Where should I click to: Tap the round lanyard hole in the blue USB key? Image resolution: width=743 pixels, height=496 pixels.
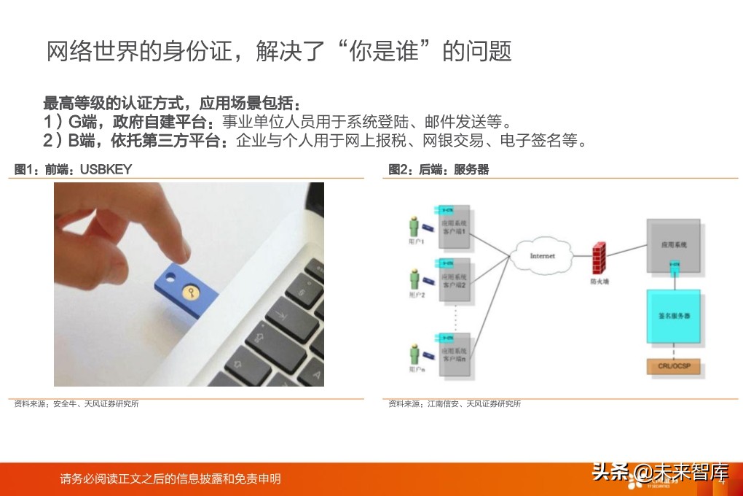click(169, 278)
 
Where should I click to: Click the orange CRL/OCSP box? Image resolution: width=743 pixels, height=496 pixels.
click(674, 366)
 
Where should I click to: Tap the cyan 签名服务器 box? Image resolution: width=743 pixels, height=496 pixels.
click(674, 318)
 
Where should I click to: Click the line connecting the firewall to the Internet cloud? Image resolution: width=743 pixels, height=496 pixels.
click(579, 256)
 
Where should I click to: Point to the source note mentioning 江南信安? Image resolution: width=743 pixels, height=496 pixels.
click(455, 403)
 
